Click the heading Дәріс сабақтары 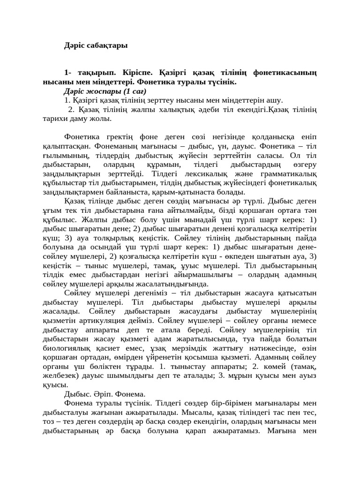point(96,46)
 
